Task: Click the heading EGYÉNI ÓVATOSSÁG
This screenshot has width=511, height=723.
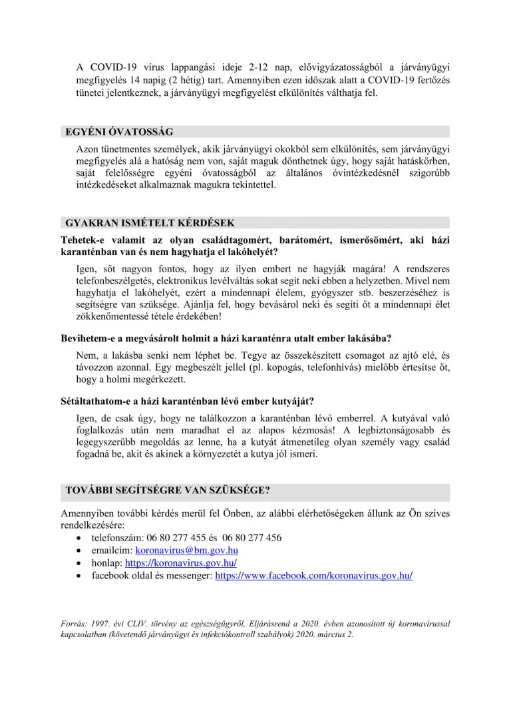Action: pos(119,132)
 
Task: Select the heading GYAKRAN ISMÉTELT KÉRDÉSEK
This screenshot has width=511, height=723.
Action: pos(149,222)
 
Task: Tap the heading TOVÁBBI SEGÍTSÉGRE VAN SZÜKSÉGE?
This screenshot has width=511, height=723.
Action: pos(167,491)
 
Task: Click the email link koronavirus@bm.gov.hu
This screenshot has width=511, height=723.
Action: pos(186,551)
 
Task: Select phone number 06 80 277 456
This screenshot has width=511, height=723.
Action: pos(250,538)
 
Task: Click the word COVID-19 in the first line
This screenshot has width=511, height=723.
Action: pos(114,67)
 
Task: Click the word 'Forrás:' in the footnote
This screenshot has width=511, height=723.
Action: pos(74,624)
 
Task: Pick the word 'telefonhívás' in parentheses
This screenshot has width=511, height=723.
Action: pos(306,367)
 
